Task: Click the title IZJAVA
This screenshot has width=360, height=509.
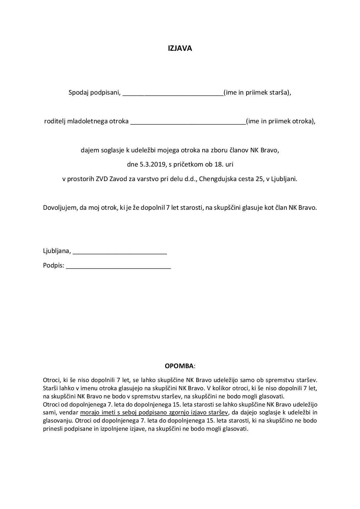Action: coord(180,48)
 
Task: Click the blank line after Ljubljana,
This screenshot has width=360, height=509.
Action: coord(120,251)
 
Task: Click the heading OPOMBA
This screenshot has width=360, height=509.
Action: coord(179,366)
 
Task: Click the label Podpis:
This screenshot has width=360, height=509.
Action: coord(54,266)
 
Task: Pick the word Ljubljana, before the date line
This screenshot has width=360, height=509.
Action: coord(57,251)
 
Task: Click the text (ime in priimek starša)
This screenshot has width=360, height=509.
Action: coord(257,93)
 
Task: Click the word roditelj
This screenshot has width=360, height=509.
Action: coord(54,122)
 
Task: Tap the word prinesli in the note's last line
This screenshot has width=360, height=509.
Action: coord(52,429)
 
